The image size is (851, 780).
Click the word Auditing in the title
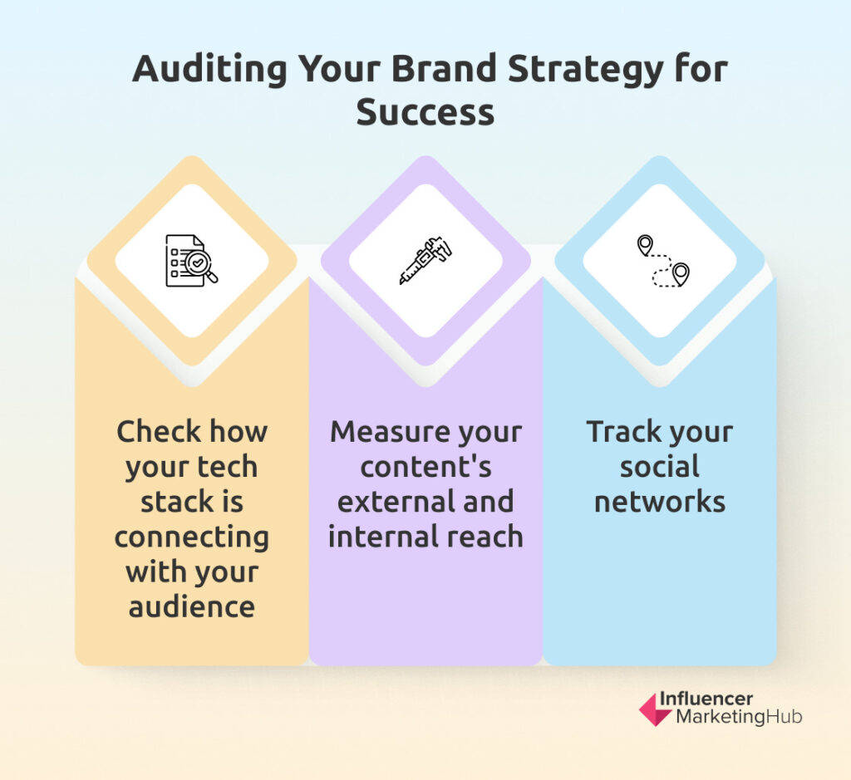pos(209,71)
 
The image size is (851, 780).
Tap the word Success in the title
pos(425,112)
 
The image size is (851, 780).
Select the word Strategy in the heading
pos(585,71)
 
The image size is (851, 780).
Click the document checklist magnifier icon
pos(192,260)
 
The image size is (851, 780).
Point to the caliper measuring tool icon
pos(425,260)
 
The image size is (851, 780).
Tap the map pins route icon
pos(662,261)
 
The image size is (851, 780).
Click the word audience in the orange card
pos(192,606)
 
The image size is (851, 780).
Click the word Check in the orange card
pos(159,432)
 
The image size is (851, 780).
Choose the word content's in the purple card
pos(425,467)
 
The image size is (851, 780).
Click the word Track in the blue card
pos(623,432)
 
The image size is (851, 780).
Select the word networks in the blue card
pos(660,502)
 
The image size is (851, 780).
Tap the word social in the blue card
pos(660,467)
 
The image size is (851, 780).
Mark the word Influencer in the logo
pos(706,699)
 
